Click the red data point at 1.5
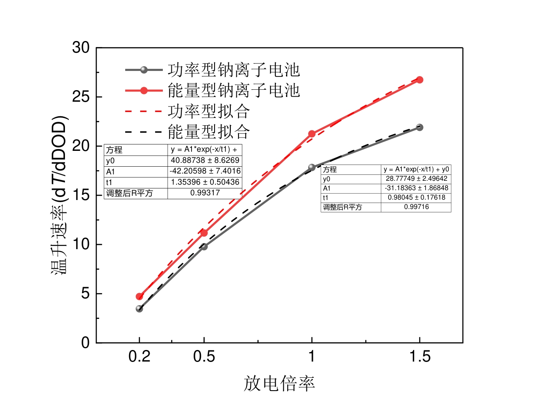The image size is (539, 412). tap(419, 80)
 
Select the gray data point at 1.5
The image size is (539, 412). tap(419, 127)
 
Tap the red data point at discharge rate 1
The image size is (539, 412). tap(312, 134)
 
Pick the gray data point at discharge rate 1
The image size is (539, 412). tap(312, 167)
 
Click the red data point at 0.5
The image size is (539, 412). tap(204, 233)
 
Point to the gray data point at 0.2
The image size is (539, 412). tap(139, 309)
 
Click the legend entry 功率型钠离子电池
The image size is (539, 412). tap(233, 70)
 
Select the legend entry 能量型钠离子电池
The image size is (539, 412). tap(233, 91)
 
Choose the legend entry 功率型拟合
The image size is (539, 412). tap(208, 111)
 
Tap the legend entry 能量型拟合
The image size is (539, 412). tap(208, 132)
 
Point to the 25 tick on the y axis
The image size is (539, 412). tap(81, 97)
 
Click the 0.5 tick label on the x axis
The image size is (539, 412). tap(204, 356)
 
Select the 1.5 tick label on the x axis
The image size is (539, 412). tap(419, 356)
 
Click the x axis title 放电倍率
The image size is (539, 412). tap(279, 383)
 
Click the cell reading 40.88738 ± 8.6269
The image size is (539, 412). tap(205, 160)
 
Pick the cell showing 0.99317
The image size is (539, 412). tap(205, 193)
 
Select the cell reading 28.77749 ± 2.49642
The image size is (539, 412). tap(416, 179)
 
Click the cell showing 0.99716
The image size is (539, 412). tap(416, 207)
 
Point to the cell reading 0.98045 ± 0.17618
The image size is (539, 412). tap(416, 197)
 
